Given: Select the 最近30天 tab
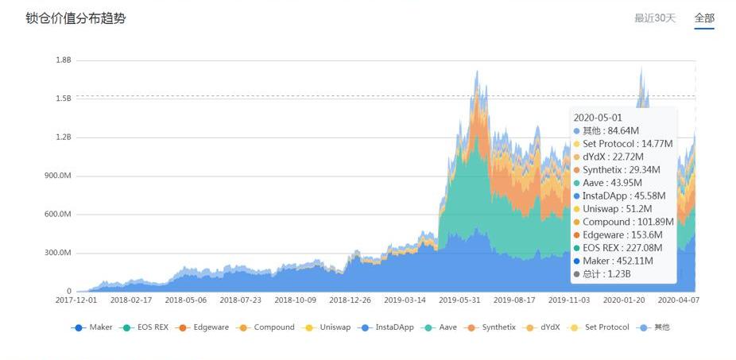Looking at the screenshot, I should [x=654, y=18].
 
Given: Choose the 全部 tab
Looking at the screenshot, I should [x=703, y=18].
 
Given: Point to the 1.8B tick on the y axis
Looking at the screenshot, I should [x=63, y=60].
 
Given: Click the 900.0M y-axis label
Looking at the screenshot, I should [x=59, y=176].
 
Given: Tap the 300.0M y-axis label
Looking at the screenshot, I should [x=59, y=253].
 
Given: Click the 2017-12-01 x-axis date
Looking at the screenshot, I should [x=77, y=301].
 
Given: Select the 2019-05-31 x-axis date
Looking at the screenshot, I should [x=460, y=301].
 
